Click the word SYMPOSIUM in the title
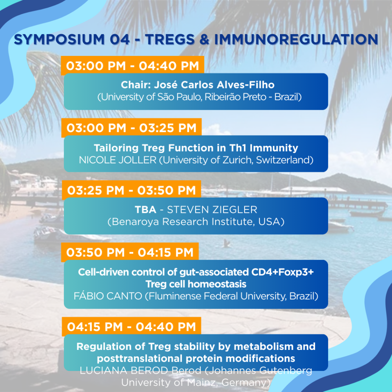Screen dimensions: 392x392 (59, 39)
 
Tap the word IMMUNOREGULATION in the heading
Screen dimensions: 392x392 (296, 39)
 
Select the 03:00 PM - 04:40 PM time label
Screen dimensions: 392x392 (132, 66)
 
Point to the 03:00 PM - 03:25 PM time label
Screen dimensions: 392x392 (132, 128)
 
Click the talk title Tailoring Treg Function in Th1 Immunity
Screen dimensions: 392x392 (196, 148)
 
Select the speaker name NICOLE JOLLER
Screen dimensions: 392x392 (118, 160)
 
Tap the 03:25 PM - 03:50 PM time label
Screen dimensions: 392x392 (132, 190)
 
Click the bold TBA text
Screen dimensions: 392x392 (145, 209)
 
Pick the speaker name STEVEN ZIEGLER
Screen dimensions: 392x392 (212, 209)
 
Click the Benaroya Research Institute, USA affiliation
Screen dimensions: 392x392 (196, 222)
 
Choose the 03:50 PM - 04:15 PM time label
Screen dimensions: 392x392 (130, 252)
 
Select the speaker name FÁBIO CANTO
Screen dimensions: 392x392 (108, 296)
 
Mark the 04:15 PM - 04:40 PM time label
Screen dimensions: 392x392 (132, 327)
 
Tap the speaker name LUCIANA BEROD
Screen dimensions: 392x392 (124, 371)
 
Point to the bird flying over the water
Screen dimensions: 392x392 (227, 243)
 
